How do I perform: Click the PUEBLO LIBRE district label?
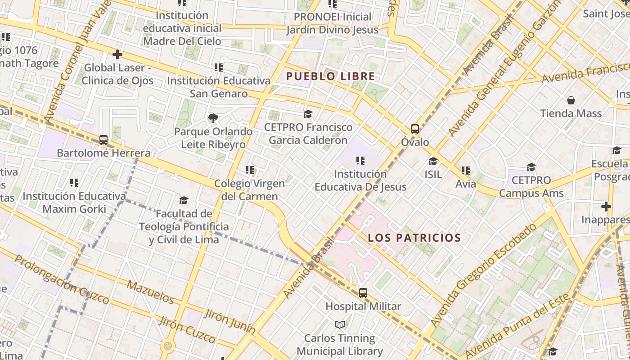330,76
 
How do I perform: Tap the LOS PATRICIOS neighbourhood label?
414,238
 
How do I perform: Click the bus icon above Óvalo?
415,130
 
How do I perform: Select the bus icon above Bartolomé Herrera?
103,140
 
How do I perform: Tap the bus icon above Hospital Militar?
363,293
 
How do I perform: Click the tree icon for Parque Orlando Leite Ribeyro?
213,118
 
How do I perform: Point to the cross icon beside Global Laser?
117,55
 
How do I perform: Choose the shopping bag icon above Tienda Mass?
571,100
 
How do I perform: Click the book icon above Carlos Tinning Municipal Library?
340,324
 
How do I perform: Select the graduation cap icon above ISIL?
433,161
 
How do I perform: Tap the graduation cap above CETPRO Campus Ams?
531,167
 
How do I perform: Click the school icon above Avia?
465,171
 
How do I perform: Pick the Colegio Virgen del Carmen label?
249,190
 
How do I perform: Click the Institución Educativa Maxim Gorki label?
74,202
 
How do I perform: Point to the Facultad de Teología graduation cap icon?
184,200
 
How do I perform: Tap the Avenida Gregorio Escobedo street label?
484,274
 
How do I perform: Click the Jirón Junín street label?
229,321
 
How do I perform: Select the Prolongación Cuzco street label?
62,279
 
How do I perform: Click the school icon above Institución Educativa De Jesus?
360,161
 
